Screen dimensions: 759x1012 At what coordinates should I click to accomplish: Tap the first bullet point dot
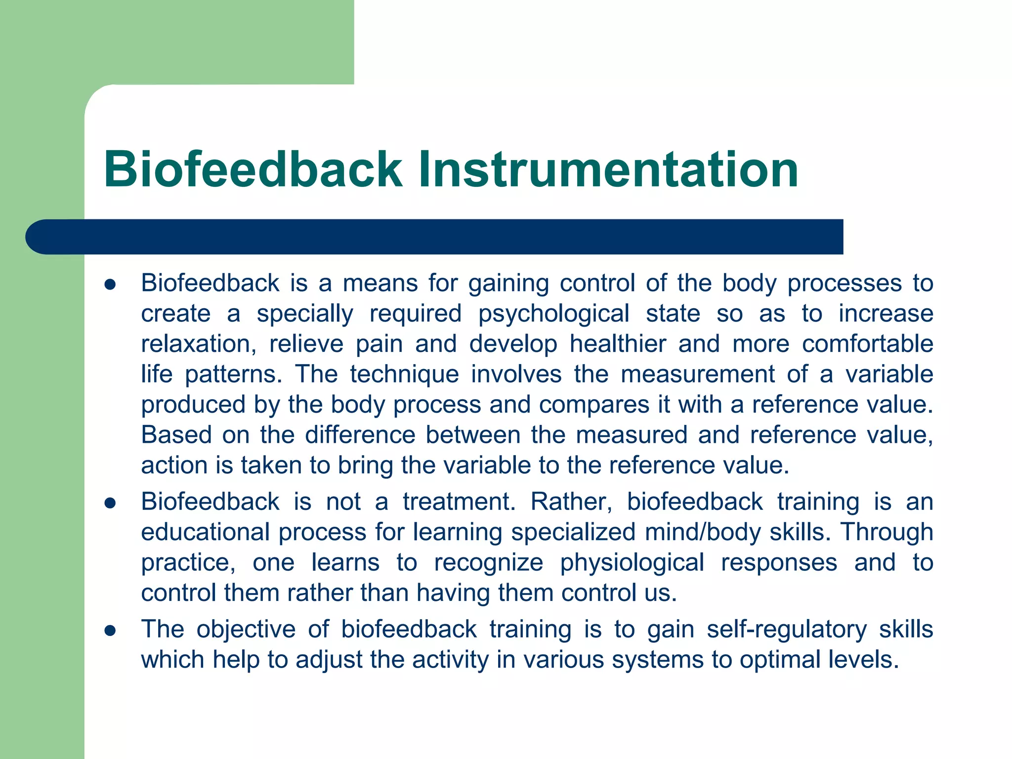click(110, 285)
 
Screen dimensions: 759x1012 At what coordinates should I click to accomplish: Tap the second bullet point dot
click(110, 504)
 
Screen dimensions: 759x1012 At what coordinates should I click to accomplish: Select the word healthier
click(618, 344)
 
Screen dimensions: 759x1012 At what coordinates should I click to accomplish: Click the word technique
click(404, 375)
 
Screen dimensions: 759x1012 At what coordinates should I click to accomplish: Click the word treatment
click(459, 502)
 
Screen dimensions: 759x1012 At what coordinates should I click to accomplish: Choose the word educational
click(205, 533)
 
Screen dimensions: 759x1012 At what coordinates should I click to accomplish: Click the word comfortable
click(867, 344)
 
